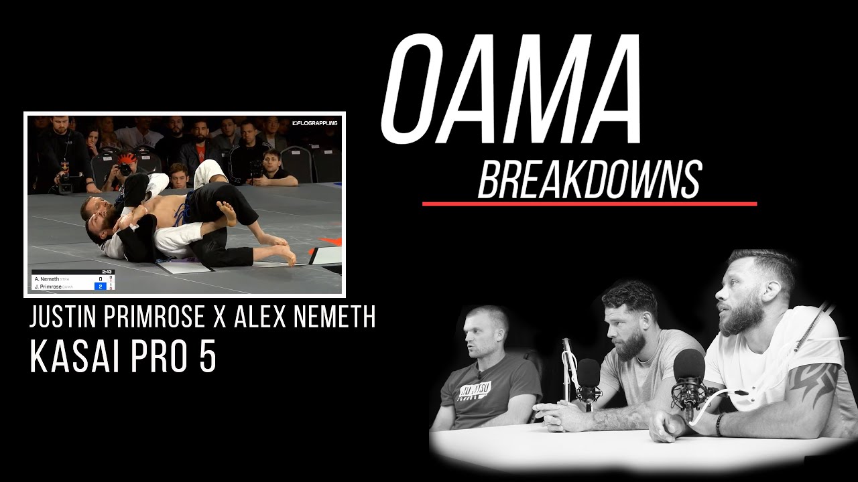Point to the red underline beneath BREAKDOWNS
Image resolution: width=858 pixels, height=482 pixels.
589,204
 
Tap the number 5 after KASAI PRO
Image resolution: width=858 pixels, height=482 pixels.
207,359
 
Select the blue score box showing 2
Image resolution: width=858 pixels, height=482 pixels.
101,286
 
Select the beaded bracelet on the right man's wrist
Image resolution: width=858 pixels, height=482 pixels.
720,423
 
